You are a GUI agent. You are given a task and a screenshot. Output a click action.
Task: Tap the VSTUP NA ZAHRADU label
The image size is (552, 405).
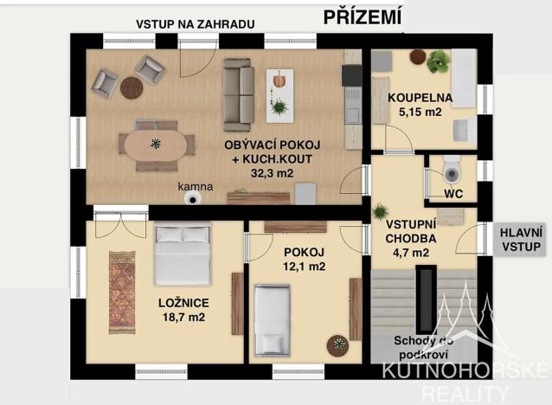coord(195,24)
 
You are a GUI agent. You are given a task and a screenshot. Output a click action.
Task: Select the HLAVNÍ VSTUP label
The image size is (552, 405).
coord(517,239)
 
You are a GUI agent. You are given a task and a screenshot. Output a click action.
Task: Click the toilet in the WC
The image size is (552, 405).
coord(451,171)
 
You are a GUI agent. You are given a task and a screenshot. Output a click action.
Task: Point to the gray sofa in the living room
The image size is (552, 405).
coord(238,93)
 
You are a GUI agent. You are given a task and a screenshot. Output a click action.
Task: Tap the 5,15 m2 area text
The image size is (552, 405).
coord(420,112)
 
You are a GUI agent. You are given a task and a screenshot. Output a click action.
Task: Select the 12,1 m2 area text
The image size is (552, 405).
coord(304,267)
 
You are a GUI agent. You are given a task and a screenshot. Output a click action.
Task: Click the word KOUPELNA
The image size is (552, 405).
coord(420,97)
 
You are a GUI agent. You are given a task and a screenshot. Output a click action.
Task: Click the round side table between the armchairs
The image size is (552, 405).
coord(131,87)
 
